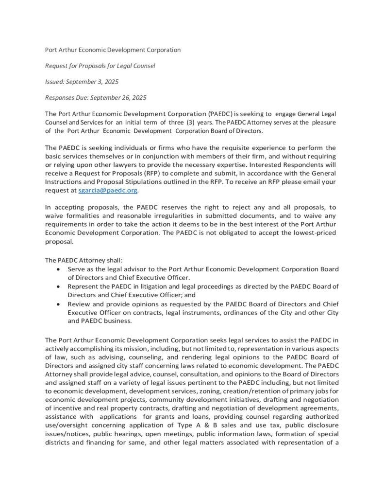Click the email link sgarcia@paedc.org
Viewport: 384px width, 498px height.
tap(108, 191)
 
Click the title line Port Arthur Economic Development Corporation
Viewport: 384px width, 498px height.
tap(113, 50)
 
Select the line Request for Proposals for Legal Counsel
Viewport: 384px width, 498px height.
tap(100, 66)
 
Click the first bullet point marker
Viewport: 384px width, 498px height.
tap(59, 269)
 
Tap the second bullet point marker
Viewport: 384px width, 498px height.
tap(59, 286)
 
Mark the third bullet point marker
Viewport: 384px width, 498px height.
tap(59, 304)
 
